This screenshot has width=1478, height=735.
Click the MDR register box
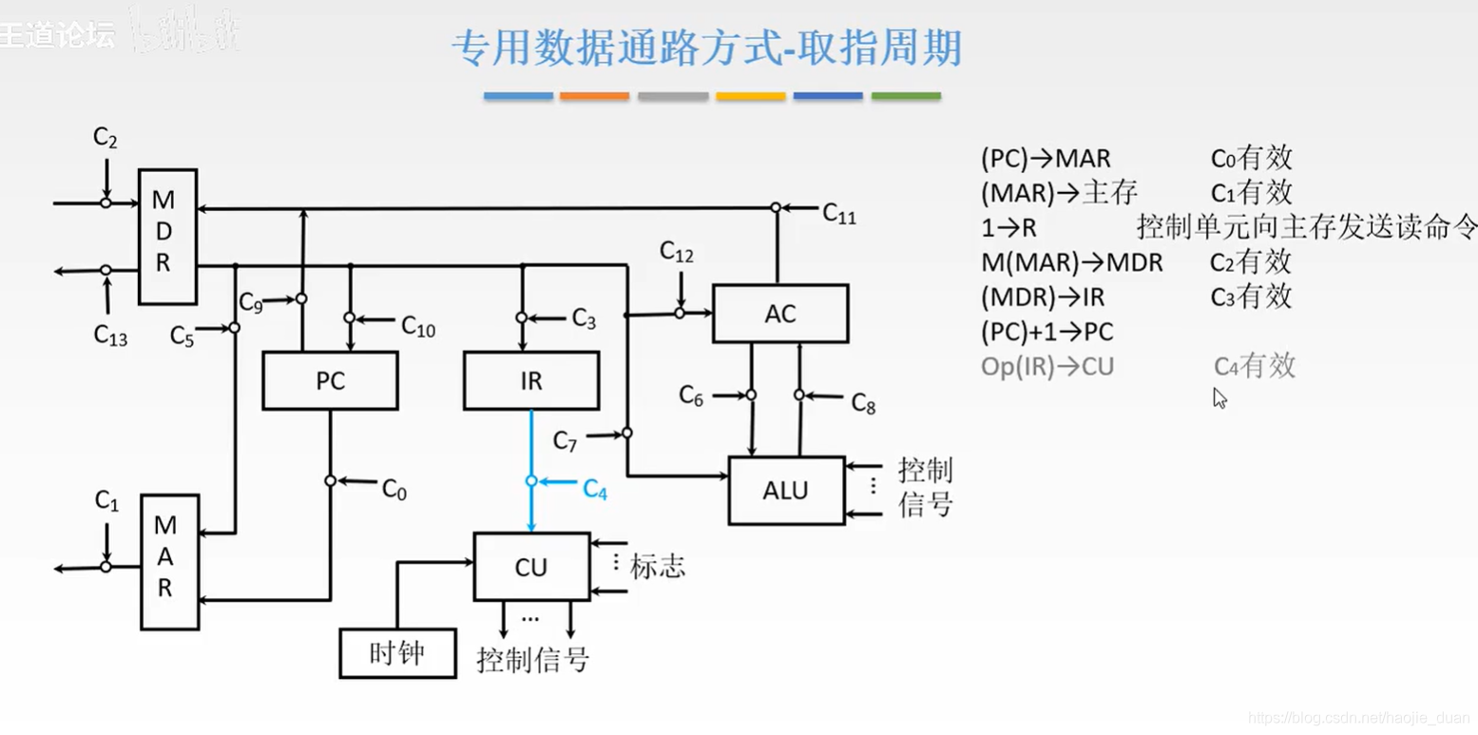167,237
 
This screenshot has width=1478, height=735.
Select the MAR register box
169,561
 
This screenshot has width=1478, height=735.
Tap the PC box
330,381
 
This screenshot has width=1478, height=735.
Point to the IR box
531,381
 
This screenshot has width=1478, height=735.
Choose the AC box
779,314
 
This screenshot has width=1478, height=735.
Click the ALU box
786,491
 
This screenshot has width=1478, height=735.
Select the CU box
531,568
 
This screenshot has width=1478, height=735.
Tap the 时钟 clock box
397,653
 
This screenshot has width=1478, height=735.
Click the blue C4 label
595,490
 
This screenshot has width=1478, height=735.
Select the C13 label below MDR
110,335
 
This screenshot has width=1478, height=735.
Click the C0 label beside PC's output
393,490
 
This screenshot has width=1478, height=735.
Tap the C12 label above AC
677,253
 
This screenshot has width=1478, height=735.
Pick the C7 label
566,441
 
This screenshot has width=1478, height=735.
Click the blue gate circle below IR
531,481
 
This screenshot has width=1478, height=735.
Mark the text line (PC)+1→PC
1046,333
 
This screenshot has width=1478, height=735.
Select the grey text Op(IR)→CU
1046,367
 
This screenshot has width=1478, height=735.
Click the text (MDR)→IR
1043,298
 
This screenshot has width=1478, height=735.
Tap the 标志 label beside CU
657,568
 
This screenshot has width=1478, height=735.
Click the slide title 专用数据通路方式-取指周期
707,48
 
